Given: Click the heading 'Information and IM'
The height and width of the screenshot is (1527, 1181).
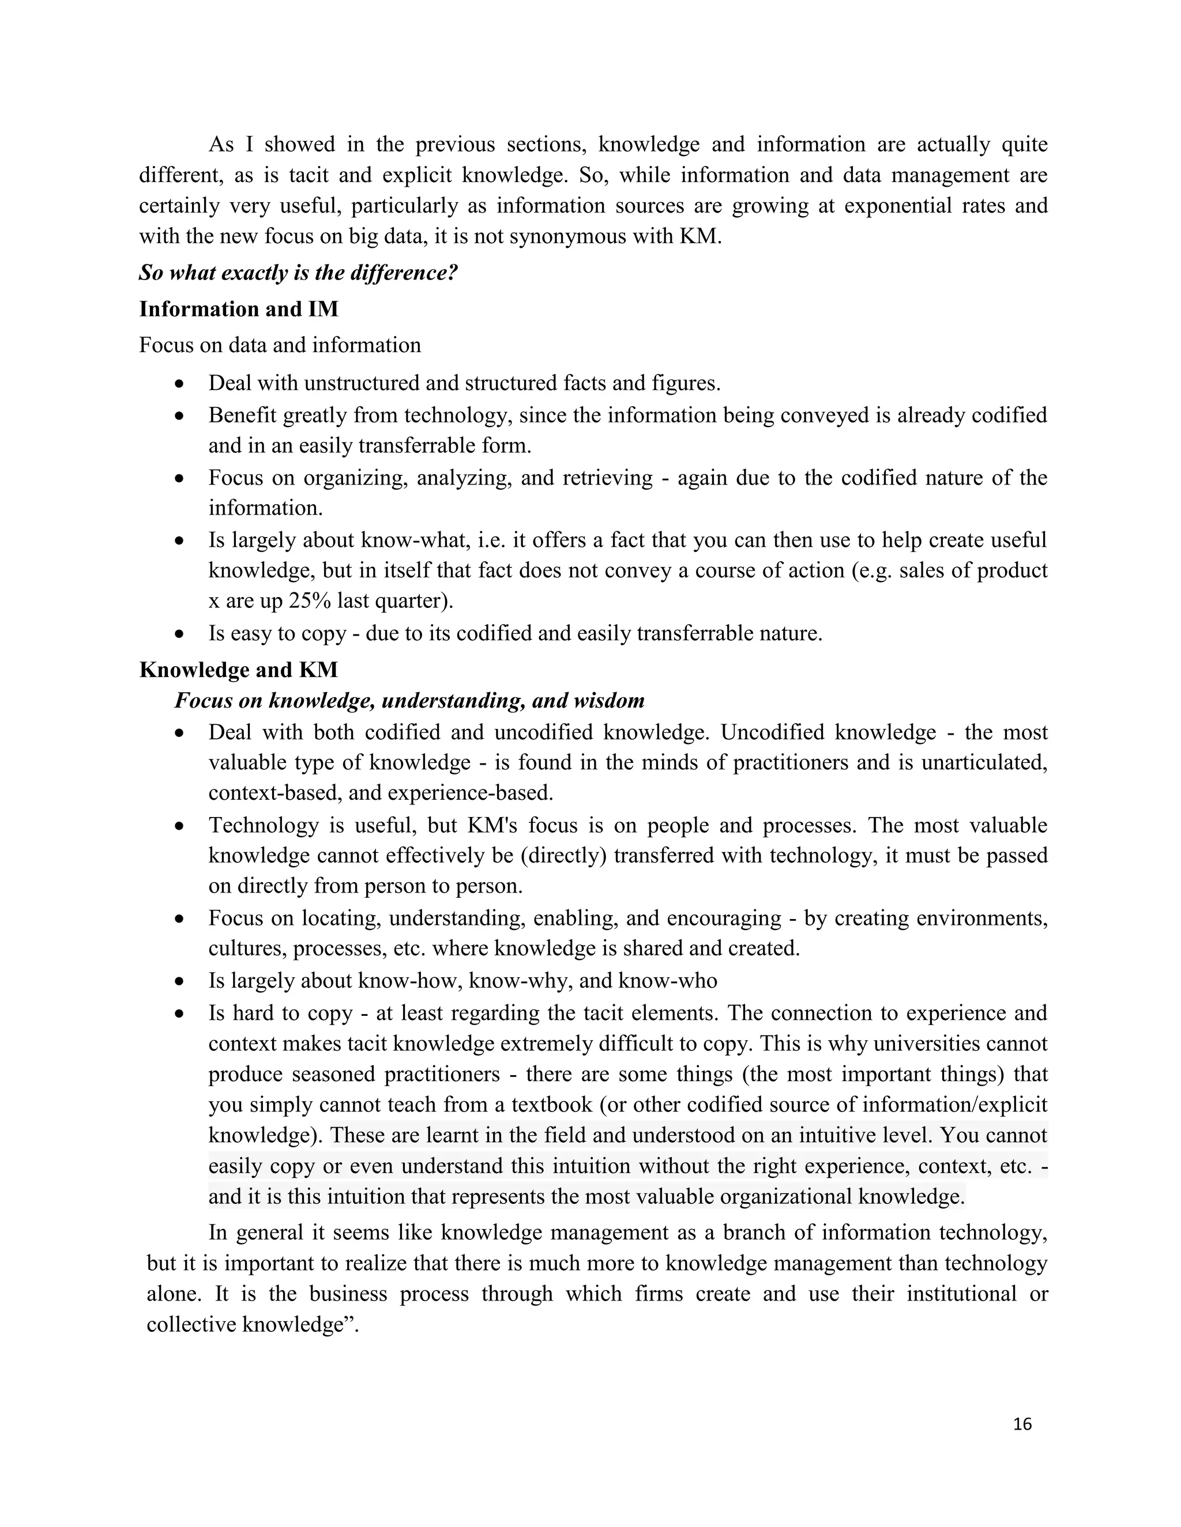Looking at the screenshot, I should point(239,309).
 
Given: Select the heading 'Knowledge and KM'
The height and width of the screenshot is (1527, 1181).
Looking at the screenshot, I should point(239,670).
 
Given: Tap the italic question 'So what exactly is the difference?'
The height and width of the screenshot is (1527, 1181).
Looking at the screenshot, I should point(298,273).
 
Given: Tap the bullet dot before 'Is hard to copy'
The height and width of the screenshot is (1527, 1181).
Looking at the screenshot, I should point(180,1014).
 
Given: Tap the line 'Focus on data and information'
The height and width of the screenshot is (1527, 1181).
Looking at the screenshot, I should point(280,345).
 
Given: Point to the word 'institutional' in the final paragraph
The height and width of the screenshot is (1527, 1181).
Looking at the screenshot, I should point(961,1294).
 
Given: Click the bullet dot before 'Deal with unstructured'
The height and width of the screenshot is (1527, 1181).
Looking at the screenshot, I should point(180,384).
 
